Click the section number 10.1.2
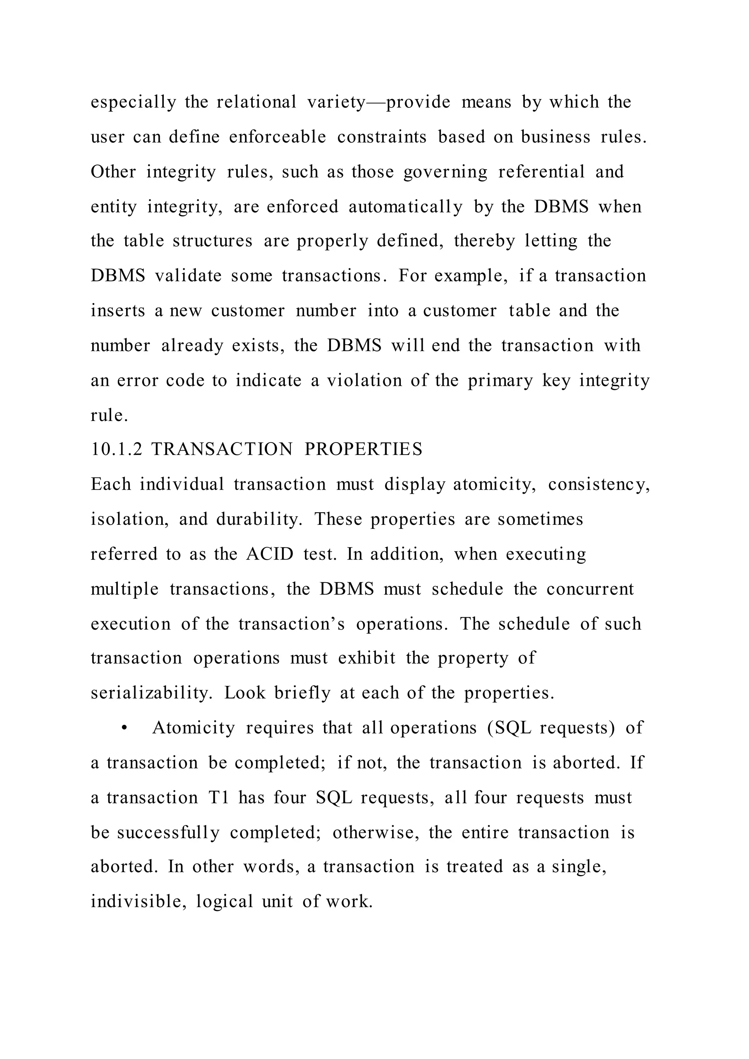click(x=116, y=450)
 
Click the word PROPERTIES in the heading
click(x=364, y=450)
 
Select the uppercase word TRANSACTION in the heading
click(x=222, y=450)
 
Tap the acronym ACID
click(x=270, y=554)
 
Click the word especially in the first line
click(x=133, y=102)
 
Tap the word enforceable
click(x=277, y=137)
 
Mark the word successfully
click(x=168, y=833)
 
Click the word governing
click(x=445, y=172)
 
